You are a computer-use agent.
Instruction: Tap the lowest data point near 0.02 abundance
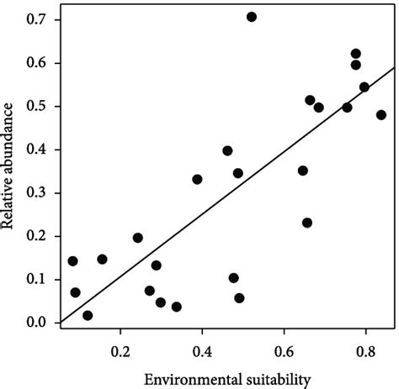(88, 316)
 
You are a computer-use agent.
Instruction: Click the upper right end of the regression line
(393, 69)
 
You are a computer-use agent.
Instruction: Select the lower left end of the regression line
(61, 321)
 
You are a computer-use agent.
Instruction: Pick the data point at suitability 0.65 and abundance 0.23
(307, 223)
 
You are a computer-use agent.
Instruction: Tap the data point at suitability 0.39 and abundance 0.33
(197, 179)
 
